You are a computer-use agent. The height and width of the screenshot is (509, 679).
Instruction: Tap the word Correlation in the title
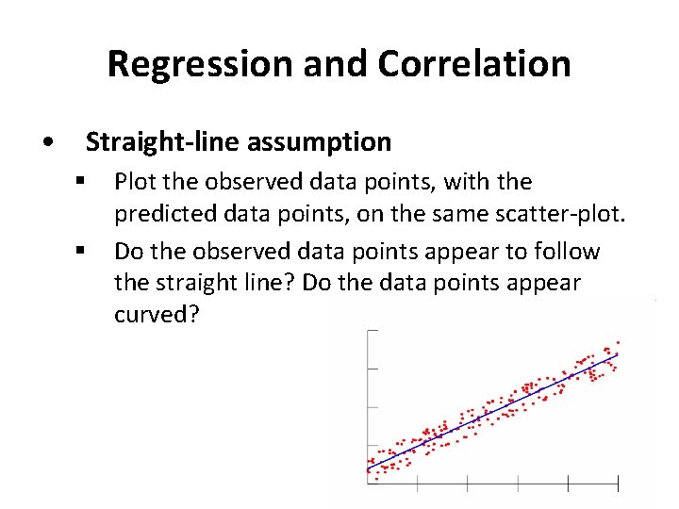pos(474,64)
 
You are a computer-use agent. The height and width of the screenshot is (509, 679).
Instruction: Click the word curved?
pos(157,315)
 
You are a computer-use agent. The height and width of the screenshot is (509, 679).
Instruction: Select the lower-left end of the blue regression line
pos(368,468)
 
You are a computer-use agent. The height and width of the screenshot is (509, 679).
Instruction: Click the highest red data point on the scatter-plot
pos(618,341)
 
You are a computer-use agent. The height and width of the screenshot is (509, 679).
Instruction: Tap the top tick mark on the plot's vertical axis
pos(372,331)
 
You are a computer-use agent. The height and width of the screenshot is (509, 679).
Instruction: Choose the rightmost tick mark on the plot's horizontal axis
pos(619,484)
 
